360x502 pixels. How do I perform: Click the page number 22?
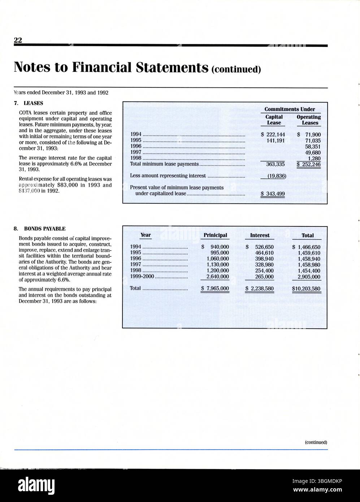18,40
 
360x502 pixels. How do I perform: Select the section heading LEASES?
33,103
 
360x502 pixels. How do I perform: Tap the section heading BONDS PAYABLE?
45,229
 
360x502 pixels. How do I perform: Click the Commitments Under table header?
290,109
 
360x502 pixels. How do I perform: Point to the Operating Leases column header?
308,120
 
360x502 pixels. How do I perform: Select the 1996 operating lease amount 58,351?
313,147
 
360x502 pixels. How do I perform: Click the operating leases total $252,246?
309,164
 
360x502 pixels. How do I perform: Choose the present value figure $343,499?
273,194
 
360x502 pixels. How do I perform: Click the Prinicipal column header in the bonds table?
215,235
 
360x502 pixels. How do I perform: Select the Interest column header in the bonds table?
260,235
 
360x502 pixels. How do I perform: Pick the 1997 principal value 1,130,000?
218,265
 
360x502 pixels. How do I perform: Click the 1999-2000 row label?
142,277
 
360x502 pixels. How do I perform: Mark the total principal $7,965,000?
215,289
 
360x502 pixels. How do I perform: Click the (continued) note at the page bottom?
316,442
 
